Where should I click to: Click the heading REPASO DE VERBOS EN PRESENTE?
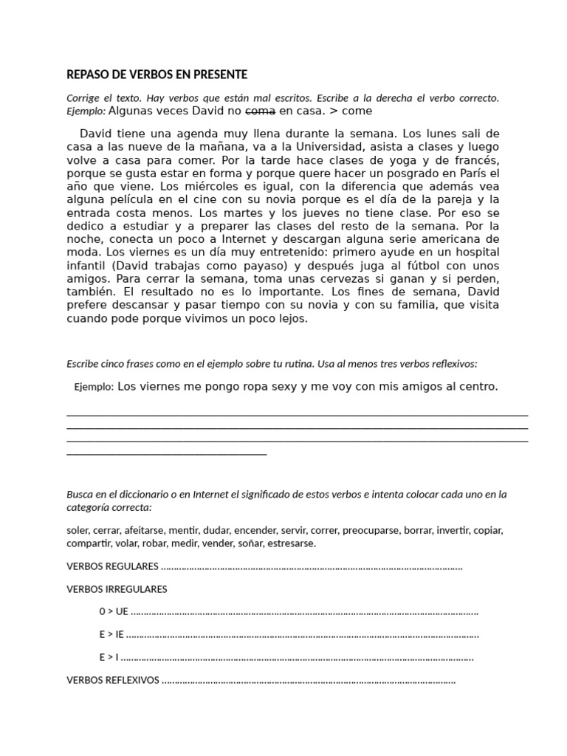(157, 75)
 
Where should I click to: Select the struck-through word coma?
(260, 111)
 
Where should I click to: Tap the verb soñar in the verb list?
(242, 543)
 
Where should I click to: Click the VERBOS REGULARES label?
(112, 567)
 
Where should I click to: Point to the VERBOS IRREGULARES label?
(117, 589)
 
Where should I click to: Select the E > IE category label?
(111, 634)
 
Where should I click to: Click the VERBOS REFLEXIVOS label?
(112, 680)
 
